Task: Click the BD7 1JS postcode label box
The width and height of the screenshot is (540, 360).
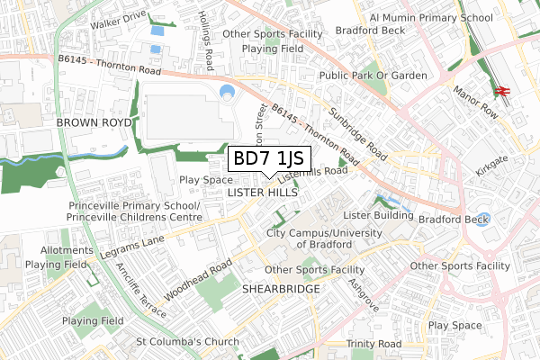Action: tap(270, 159)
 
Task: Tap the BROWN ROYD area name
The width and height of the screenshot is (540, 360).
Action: tap(94, 121)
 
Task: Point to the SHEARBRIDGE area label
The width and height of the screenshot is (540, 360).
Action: tap(281, 289)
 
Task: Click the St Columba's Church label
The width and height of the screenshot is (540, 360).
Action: tap(187, 341)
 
